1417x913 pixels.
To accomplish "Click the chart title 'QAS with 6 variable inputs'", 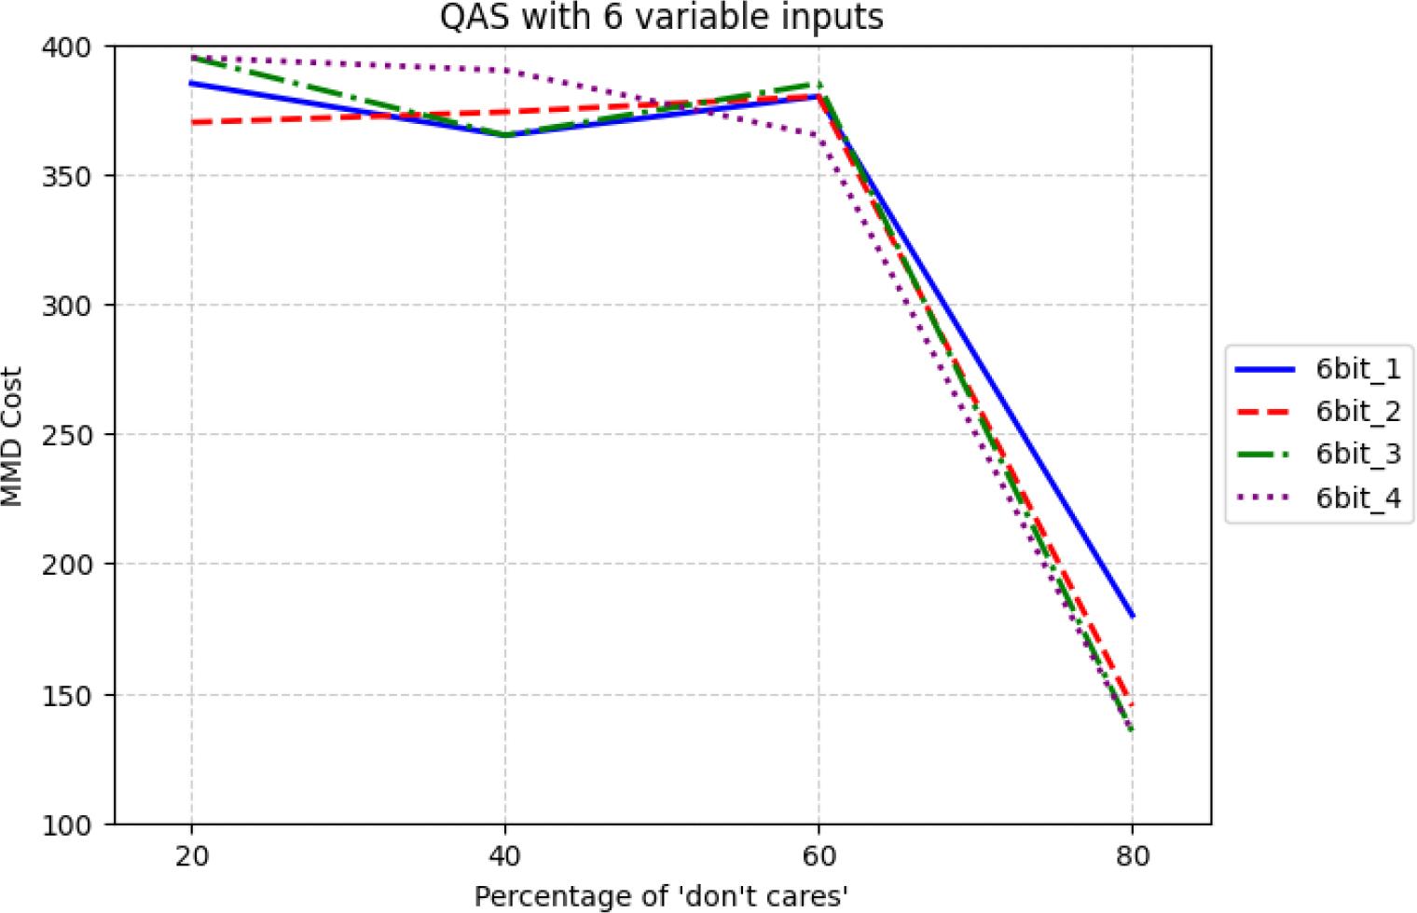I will pos(662,18).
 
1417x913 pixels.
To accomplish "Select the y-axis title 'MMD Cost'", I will pos(12,436).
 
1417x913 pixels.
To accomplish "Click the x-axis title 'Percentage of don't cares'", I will pos(662,896).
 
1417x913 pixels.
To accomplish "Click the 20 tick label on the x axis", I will pos(191,855).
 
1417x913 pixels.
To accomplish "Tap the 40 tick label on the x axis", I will pos(505,855).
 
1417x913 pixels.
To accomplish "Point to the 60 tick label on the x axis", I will pos(819,855).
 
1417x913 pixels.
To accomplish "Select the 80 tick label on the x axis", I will pos(1133,855).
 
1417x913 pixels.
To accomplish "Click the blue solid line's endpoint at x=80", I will pos(1133,617).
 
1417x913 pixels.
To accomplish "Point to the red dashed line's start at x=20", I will pos(191,123).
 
